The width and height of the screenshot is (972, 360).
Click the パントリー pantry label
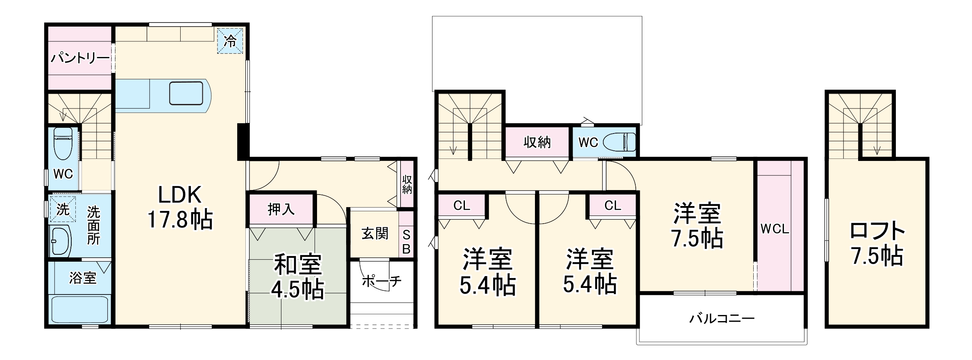pyautogui.click(x=80, y=58)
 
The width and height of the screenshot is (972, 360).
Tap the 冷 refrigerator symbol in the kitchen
pyautogui.click(x=230, y=41)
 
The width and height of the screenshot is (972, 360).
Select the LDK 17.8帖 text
pyautogui.click(x=180, y=207)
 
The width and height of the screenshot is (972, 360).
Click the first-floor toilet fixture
pyautogui.click(x=63, y=143)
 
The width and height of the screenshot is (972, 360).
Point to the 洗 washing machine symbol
pyautogui.click(x=63, y=210)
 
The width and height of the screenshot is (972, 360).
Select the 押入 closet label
pyautogui.click(x=281, y=209)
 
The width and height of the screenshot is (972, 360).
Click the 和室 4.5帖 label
pyautogui.click(x=298, y=277)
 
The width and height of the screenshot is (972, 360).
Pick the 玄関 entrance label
pyautogui.click(x=374, y=233)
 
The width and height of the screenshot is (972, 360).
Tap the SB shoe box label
pyautogui.click(x=406, y=242)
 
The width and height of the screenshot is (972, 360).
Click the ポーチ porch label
pyautogui.click(x=381, y=281)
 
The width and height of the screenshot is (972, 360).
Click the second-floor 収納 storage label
pyautogui.click(x=537, y=143)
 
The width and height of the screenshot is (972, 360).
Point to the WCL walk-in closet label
pyautogui.click(x=775, y=229)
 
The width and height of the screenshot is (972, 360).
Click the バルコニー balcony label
pyautogui.click(x=721, y=319)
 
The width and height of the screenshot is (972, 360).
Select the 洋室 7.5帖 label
pyautogui.click(x=697, y=226)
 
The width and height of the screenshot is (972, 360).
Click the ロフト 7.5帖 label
pyautogui.click(x=877, y=243)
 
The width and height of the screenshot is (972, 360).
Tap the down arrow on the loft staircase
pyautogui.click(x=877, y=150)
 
